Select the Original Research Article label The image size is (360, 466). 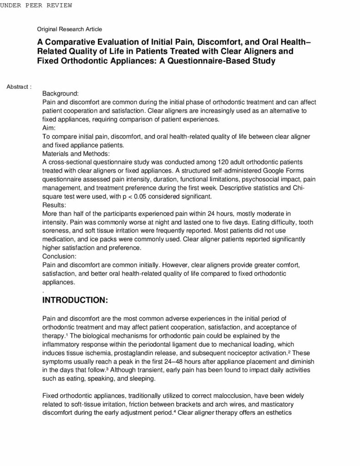[70, 29]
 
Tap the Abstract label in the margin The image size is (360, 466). [19, 86]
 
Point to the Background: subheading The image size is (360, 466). [61, 93]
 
